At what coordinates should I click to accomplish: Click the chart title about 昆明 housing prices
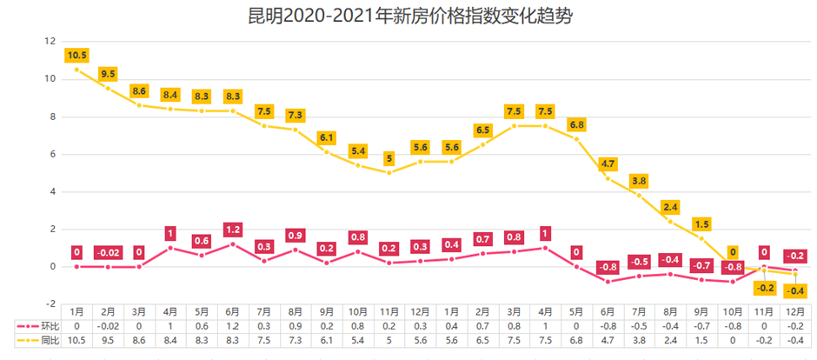coord(409,17)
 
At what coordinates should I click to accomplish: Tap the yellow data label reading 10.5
coord(76,56)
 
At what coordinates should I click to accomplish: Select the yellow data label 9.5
coord(108,74)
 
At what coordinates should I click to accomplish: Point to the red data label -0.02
coord(108,253)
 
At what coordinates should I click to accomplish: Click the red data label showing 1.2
coord(232,230)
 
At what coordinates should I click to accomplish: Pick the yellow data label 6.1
coord(326,138)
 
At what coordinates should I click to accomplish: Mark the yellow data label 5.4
coord(357,151)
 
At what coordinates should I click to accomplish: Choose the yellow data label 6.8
coord(576,125)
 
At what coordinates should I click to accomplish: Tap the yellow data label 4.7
coord(608,164)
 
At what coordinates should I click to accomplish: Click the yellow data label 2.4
coord(670,207)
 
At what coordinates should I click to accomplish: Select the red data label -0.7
coord(701,265)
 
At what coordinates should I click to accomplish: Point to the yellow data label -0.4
coord(794,290)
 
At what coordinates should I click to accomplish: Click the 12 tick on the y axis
coord(50,42)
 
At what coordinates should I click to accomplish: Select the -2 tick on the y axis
coord(50,303)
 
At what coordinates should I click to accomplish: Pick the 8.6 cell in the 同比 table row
coord(139,341)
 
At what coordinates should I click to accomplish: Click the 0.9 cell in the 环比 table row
coord(295,325)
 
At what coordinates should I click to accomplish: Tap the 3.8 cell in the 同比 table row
coord(639,341)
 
